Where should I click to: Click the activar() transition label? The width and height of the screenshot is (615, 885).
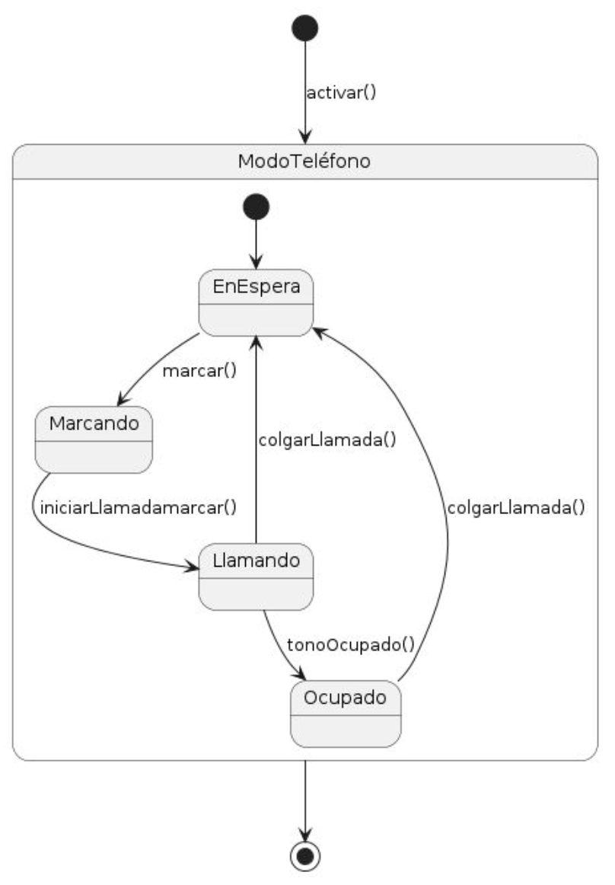(x=341, y=93)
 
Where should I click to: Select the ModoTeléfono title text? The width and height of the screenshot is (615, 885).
(x=304, y=161)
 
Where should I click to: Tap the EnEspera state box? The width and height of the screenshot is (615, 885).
(x=256, y=302)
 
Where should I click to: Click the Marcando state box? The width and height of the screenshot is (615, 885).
(x=94, y=439)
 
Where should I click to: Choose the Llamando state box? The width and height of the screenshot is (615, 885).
(x=256, y=577)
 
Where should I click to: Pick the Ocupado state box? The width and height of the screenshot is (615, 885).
(x=346, y=714)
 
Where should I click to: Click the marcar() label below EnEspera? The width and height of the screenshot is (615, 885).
(x=199, y=372)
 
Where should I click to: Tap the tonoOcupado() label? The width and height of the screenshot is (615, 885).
(x=350, y=644)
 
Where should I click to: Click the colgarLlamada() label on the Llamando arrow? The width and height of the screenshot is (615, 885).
(x=327, y=440)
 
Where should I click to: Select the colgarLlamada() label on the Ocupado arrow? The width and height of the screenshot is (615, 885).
(x=516, y=508)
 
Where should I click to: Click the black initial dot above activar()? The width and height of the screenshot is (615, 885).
(x=304, y=27)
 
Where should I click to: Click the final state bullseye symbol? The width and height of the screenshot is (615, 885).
(x=304, y=856)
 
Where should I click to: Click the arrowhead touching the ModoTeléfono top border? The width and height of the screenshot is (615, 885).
(x=304, y=137)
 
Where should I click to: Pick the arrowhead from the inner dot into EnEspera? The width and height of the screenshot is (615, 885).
(x=256, y=262)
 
